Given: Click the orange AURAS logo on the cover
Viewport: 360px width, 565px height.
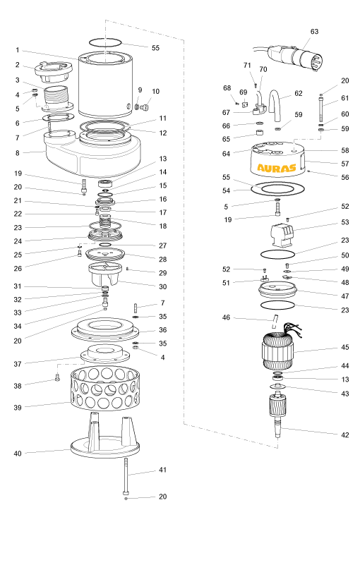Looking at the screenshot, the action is tap(276, 168).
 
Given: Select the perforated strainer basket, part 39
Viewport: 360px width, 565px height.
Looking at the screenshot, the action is tap(104, 389).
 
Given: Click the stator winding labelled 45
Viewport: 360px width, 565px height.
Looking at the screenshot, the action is tap(277, 351).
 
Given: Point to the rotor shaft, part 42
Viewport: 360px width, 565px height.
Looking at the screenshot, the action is tap(277, 416).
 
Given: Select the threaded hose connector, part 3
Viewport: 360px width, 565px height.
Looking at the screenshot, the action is tap(56, 95).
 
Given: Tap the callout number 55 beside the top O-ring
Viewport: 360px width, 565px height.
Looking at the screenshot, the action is tap(155, 48).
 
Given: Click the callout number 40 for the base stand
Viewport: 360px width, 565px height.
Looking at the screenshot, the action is tap(18, 454).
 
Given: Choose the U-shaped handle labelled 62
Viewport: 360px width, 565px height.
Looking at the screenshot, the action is tap(276, 106).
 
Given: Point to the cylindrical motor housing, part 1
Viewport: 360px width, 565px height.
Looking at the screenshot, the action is tap(107, 85).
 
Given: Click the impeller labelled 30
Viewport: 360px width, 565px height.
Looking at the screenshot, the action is tap(104, 274).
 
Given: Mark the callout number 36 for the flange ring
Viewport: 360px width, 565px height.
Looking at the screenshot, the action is tap(162, 330).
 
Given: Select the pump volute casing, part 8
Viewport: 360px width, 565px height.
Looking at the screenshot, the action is tap(92, 151).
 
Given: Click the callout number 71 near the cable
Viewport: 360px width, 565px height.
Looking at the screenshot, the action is tap(247, 65).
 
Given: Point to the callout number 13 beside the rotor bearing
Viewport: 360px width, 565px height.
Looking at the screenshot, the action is tap(345, 379).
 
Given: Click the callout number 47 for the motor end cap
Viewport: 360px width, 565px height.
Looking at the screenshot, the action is tap(345, 296).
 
